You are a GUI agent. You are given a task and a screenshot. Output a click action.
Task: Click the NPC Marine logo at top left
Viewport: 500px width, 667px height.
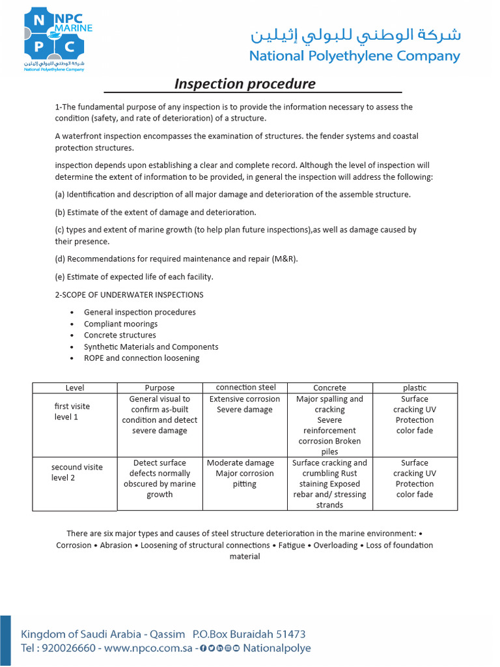tap(57, 37)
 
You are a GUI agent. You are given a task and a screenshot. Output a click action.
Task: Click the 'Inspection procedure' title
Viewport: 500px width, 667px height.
tap(245, 84)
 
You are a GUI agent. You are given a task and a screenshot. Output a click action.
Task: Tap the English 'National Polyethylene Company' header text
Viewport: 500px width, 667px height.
tap(354, 56)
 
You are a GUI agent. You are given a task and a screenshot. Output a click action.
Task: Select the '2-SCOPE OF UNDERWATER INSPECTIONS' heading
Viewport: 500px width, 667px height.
tap(129, 294)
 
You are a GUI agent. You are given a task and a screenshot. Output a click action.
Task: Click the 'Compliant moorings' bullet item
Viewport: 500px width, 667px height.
tap(120, 324)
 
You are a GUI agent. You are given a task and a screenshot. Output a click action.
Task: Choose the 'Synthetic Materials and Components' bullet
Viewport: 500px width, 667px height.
tap(151, 347)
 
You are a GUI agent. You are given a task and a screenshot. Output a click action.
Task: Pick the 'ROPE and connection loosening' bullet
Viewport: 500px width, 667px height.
tap(141, 358)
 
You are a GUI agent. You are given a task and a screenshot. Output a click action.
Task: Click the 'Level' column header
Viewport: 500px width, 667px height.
tap(75, 388)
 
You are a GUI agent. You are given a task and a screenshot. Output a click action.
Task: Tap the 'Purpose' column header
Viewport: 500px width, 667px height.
tap(160, 388)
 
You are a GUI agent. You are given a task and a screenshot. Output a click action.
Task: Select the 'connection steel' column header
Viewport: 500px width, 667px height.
tap(245, 388)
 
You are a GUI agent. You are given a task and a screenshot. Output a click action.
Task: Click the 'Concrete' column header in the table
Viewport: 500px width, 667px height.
tap(329, 388)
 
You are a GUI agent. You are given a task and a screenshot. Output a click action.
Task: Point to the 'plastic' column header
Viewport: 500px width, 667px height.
tap(414, 388)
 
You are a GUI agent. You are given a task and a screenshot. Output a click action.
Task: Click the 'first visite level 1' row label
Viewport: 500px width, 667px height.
tap(72, 412)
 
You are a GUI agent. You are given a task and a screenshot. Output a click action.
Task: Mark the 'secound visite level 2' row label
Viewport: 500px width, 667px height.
tap(77, 472)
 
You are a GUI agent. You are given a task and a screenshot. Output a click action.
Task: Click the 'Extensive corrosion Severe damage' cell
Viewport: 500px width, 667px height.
tap(245, 404)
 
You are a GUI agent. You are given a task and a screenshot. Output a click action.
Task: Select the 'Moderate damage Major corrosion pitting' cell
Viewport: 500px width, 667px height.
tap(245, 474)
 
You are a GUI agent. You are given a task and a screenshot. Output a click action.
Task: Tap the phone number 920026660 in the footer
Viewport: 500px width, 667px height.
tap(68, 648)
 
